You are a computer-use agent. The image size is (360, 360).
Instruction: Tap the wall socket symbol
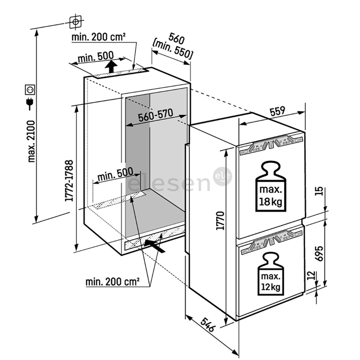pyautogui.click(x=30, y=90)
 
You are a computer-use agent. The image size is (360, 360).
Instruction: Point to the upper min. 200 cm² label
pyautogui.click(x=99, y=37)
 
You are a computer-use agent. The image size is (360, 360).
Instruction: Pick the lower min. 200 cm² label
pyautogui.click(x=112, y=282)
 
